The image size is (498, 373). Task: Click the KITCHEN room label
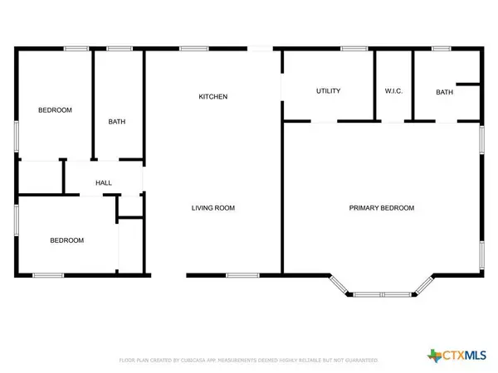(x=212, y=97)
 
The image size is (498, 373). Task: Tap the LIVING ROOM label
(x=212, y=208)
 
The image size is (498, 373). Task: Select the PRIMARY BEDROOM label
(x=381, y=208)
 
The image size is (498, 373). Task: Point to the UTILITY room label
(x=329, y=91)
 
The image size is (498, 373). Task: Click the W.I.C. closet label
(x=393, y=91)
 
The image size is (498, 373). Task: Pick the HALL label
(x=104, y=183)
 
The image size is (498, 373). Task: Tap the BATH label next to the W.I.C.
(x=445, y=92)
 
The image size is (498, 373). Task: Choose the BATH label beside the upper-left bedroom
(x=117, y=122)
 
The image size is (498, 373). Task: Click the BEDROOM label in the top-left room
(x=56, y=110)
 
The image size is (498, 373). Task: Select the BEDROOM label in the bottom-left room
(x=66, y=240)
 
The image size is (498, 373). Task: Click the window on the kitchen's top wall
(x=194, y=49)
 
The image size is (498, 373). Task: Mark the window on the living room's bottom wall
(x=242, y=275)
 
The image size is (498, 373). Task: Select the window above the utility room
(x=354, y=49)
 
